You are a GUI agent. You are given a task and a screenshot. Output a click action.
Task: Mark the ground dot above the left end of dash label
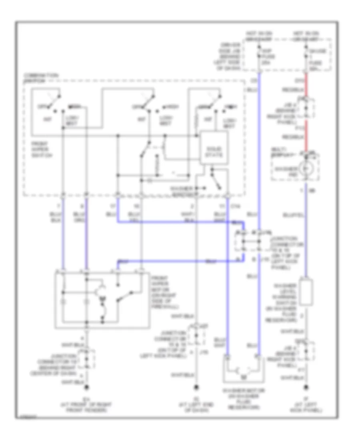196,388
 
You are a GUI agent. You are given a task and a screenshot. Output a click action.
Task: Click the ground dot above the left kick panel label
306,388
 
